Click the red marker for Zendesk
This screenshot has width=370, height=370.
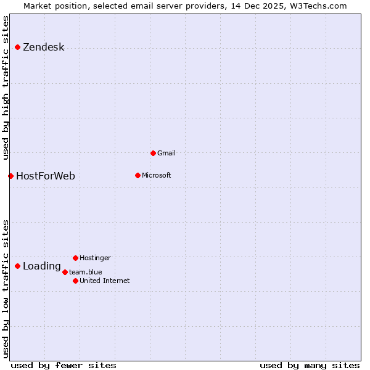[x=17, y=47]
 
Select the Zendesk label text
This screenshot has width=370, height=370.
[x=43, y=47]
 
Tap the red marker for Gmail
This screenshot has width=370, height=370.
[x=153, y=153]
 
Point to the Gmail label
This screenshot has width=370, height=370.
[x=166, y=153]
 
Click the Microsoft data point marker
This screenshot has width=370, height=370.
[x=138, y=175]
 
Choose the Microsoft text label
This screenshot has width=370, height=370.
[x=156, y=175]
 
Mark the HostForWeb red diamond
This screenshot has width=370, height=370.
[x=10, y=176]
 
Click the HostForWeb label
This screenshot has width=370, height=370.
[x=45, y=176]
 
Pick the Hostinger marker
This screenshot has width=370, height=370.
[x=75, y=258]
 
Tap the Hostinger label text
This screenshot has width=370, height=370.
[x=95, y=258]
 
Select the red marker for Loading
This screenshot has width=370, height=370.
[x=17, y=266]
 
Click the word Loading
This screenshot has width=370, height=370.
[x=41, y=266]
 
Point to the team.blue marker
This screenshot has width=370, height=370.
[x=65, y=272]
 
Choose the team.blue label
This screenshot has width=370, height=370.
[x=85, y=272]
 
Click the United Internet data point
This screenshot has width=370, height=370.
[x=75, y=281]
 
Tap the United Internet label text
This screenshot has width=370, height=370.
[x=104, y=281]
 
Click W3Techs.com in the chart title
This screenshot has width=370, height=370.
[x=318, y=6]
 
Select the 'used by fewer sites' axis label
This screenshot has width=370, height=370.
[x=64, y=365]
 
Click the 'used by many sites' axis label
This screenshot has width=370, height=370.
[x=310, y=365]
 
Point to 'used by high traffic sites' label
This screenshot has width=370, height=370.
[x=6, y=86]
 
